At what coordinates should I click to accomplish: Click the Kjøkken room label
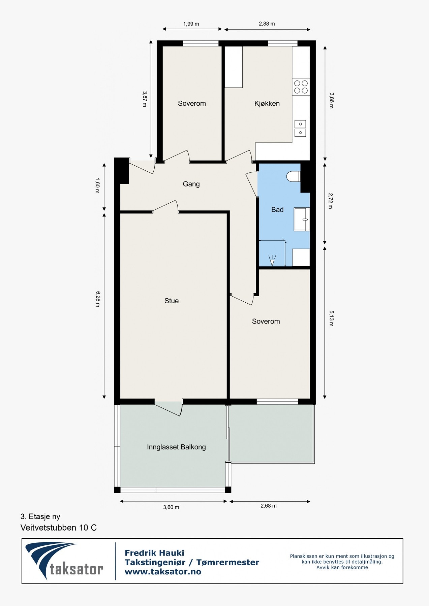267,103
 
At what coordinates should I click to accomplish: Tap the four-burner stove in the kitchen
301,87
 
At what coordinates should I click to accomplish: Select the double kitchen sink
300,128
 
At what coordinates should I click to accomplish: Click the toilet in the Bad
293,176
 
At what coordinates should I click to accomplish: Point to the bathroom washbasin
302,219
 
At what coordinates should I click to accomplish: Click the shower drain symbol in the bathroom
272,261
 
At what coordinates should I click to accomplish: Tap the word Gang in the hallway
191,184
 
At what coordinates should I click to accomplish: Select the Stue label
172,301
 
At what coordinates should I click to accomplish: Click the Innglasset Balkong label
176,447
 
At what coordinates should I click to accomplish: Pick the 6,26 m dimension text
98,299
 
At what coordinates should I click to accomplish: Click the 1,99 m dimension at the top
191,24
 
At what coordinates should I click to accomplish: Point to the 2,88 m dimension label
267,24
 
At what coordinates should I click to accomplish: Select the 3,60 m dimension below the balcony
171,507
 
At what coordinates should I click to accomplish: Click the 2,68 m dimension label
268,506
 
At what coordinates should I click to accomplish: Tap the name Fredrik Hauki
154,553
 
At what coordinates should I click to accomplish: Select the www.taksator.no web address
163,572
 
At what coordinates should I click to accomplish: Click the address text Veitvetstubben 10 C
59,528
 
